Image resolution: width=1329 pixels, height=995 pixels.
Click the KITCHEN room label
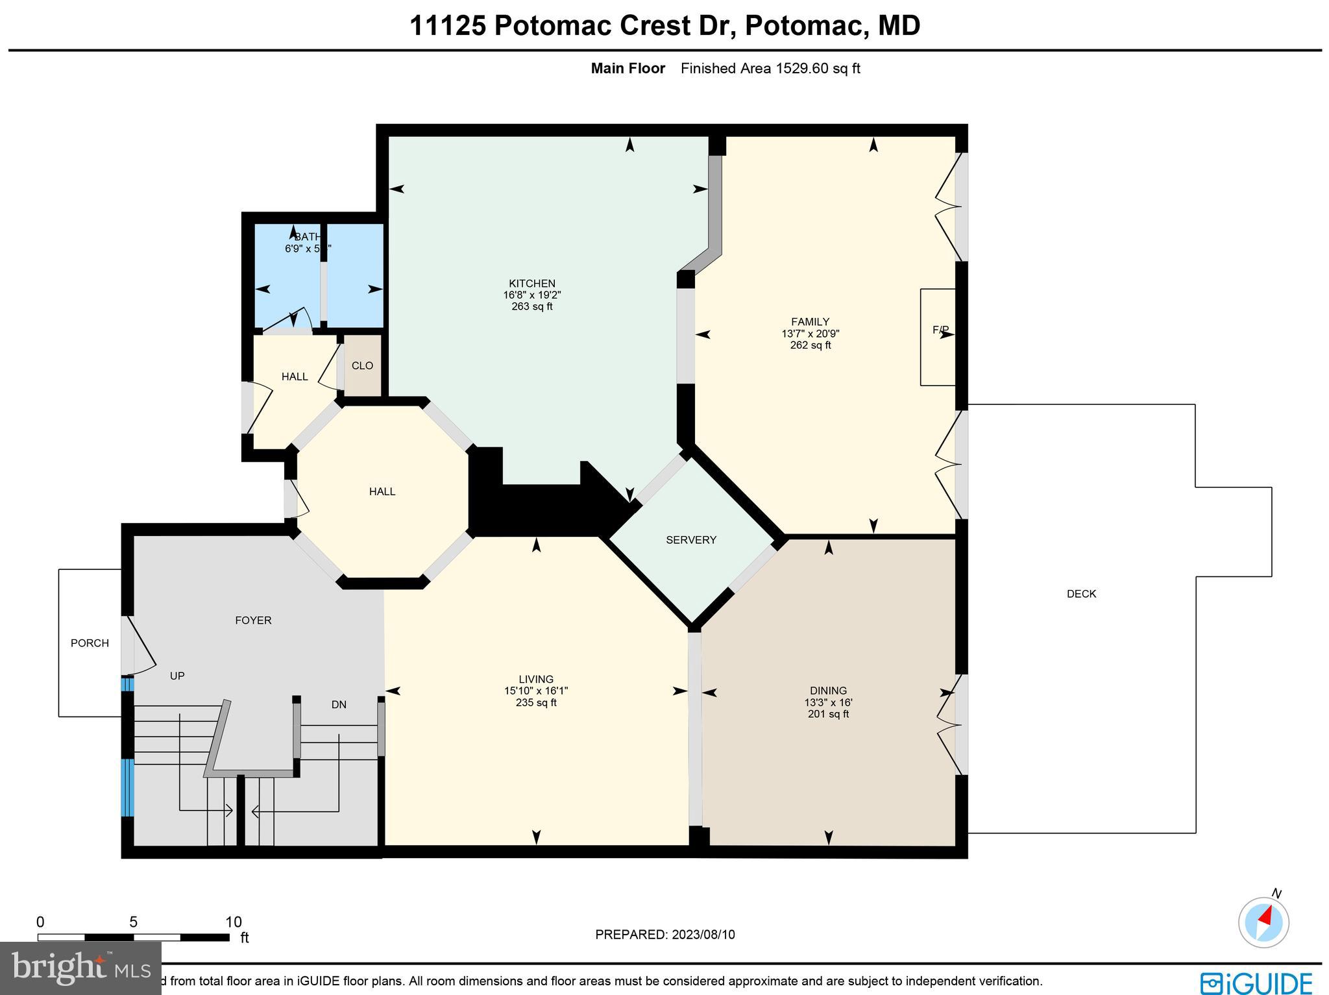pyautogui.click(x=531, y=284)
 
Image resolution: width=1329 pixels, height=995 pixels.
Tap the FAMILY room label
pyautogui.click(x=810, y=322)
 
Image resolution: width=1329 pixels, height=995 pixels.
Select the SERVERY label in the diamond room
pyautogui.click(x=691, y=540)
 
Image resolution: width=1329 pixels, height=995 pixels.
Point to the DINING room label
pyautogui.click(x=828, y=691)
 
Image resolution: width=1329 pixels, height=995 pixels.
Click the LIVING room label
pyautogui.click(x=536, y=680)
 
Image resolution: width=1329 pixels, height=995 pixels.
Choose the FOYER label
pyautogui.click(x=253, y=620)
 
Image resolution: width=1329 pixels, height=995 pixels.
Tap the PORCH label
pyautogui.click(x=90, y=643)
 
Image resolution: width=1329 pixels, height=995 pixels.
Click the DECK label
pyautogui.click(x=1081, y=594)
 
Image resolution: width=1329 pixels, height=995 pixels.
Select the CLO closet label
pyautogui.click(x=362, y=366)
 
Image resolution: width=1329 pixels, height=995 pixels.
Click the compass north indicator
pyautogui.click(x=1263, y=922)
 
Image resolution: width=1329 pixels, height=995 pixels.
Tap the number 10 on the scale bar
pyautogui.click(x=233, y=922)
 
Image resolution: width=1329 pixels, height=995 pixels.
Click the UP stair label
pyautogui.click(x=177, y=676)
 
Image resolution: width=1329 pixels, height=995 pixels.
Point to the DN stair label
pyautogui.click(x=339, y=704)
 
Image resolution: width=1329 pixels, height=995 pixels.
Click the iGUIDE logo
pyautogui.click(x=1255, y=983)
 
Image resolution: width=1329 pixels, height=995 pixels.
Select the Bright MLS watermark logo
pyautogui.click(x=80, y=968)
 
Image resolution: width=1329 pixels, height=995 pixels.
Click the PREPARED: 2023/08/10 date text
pyautogui.click(x=664, y=935)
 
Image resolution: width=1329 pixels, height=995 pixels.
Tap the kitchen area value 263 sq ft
pyautogui.click(x=531, y=306)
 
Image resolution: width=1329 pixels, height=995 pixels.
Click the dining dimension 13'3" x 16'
pyautogui.click(x=828, y=703)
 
